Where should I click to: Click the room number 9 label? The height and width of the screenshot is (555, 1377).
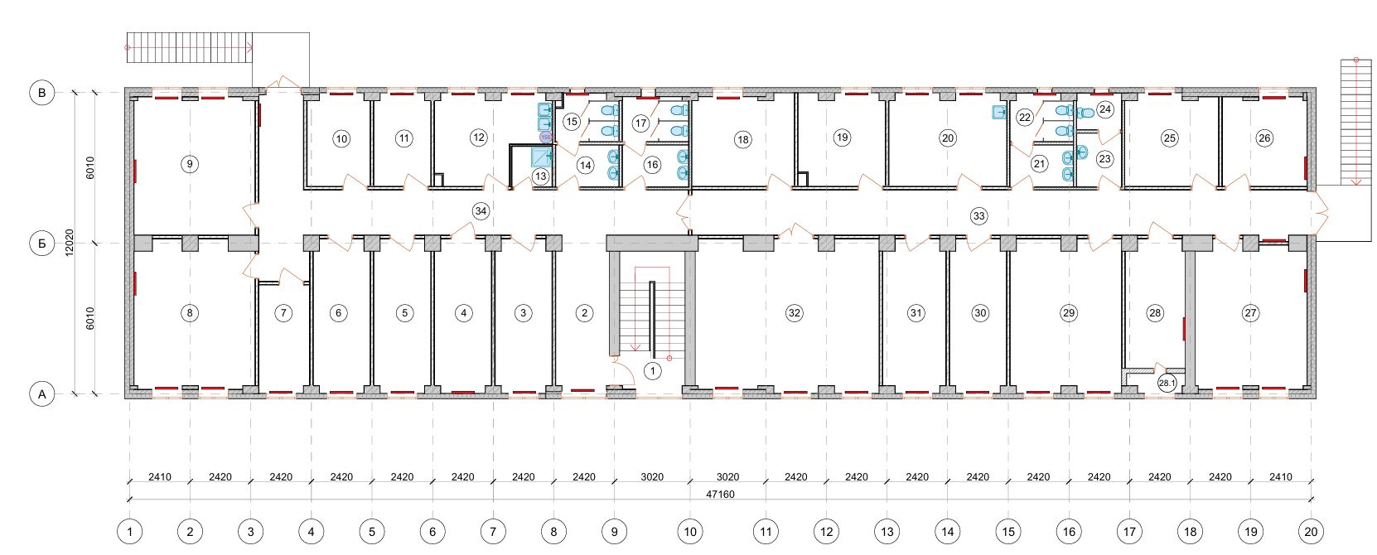pos(190,164)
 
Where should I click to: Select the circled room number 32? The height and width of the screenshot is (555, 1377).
pos(795,313)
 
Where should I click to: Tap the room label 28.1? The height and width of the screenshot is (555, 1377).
pos(1167,383)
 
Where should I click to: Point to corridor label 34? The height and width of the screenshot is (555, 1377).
pos(481,211)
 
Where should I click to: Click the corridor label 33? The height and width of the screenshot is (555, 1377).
pos(978,215)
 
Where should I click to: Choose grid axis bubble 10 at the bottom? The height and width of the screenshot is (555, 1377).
pos(690,532)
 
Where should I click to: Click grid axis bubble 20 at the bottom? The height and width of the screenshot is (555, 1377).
pos(1312,532)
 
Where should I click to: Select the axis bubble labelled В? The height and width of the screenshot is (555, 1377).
pos(41,93)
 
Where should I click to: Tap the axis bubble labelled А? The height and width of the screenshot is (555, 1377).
pos(41,394)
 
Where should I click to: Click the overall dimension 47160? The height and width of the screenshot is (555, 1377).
pos(720,495)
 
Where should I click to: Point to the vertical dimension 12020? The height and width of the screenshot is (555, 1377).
pos(70,243)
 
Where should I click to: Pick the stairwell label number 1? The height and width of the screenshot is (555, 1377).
pos(652,370)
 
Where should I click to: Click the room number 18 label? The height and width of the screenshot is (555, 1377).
pos(742,139)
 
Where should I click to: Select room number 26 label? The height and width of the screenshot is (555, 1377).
pos(1264,138)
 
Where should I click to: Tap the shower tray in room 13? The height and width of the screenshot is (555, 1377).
pos(541,157)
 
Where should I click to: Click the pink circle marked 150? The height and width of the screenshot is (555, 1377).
pos(545,137)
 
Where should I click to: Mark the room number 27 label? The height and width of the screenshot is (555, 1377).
pos(1250,313)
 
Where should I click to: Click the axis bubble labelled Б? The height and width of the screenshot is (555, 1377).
pos(41,244)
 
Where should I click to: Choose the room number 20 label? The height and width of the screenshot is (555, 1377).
pos(947,138)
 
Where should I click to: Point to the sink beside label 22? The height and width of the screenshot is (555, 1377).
pos(999,112)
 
